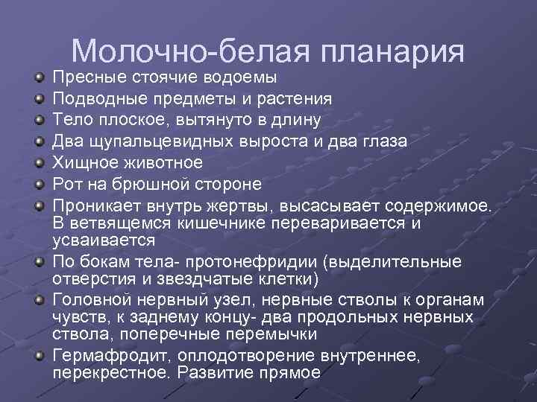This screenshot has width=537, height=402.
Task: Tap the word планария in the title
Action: pyautogui.click(x=394, y=50)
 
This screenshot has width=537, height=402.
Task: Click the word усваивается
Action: pyautogui.click(x=104, y=240)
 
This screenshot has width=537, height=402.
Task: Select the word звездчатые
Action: pyautogui.click(x=198, y=279)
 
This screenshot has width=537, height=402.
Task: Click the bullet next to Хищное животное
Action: pyautogui.click(x=36, y=162)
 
